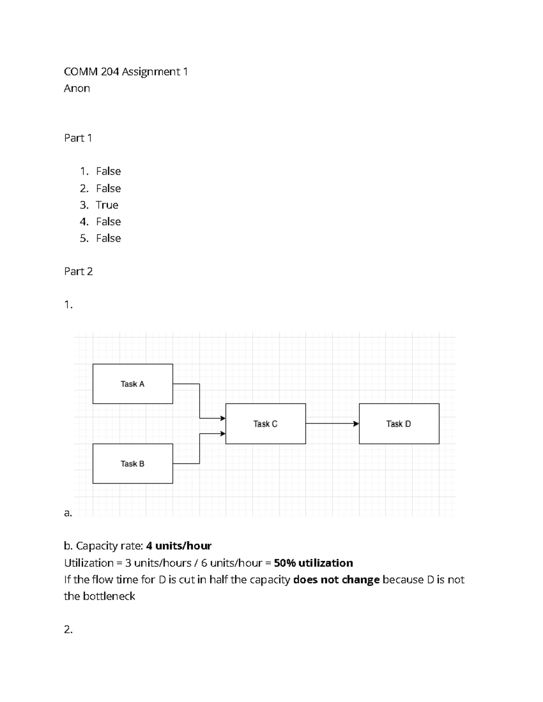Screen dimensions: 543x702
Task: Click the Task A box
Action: pos(133,384)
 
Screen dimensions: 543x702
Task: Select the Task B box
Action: pos(133,463)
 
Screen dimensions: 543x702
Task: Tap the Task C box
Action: pos(265,424)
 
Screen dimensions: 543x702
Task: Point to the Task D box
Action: pos(399,424)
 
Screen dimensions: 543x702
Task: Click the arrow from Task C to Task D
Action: pos(332,424)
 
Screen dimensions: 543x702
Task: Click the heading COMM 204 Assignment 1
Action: pos(126,71)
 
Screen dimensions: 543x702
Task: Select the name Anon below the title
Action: pos(77,88)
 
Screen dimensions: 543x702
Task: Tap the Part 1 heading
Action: pos(78,138)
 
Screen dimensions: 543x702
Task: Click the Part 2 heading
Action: pos(78,271)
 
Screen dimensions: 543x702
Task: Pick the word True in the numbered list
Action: pos(107,205)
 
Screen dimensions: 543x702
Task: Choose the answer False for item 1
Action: pos(109,171)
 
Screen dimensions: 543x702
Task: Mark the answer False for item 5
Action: pos(109,238)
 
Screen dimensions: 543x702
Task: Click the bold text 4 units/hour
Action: pos(179,546)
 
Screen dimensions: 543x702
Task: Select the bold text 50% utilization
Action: pos(313,563)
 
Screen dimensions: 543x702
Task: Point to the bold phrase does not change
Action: pos(336,580)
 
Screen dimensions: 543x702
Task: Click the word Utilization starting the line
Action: pos(89,563)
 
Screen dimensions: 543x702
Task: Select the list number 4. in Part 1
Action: pos(84,221)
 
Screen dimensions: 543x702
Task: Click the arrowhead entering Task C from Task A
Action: pos(223,418)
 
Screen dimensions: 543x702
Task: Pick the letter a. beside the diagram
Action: pos(68,513)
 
